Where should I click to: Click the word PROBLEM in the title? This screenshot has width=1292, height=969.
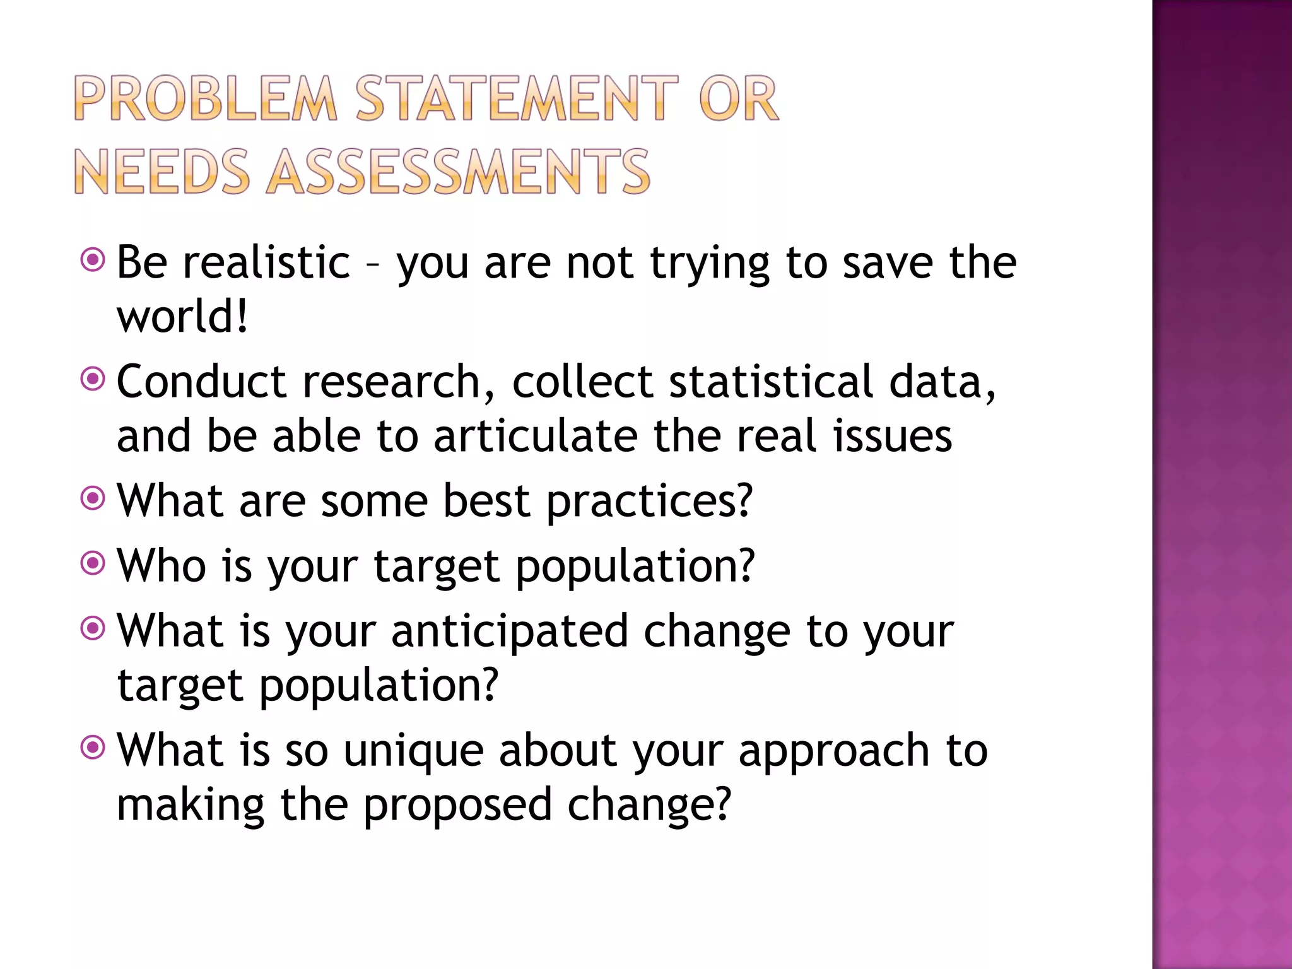point(206,98)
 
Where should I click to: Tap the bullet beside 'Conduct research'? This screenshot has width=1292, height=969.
point(93,380)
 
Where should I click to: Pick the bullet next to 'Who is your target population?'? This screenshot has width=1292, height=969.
point(93,563)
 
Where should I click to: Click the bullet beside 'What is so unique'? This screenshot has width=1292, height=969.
point(93,748)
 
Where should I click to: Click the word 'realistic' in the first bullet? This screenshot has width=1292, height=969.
point(266,262)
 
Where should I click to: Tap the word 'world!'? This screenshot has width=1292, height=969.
point(182,316)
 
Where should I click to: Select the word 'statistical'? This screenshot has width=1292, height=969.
point(771,382)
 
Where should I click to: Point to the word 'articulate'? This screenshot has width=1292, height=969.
point(536,436)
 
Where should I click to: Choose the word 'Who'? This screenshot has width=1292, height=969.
point(161,565)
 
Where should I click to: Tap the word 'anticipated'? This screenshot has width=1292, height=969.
point(510,631)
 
